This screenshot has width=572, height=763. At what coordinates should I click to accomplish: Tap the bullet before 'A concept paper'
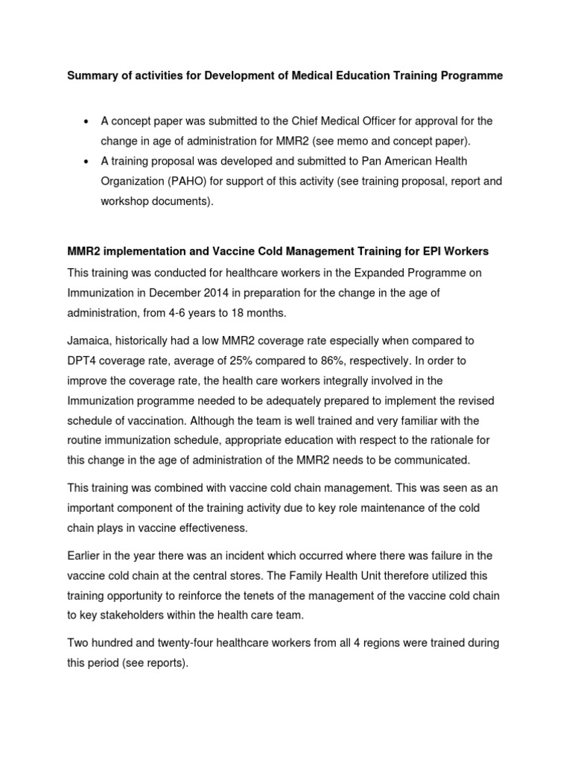(88, 121)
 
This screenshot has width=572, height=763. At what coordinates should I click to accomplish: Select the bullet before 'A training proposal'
(88, 161)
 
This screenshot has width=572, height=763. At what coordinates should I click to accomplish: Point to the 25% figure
(251, 361)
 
